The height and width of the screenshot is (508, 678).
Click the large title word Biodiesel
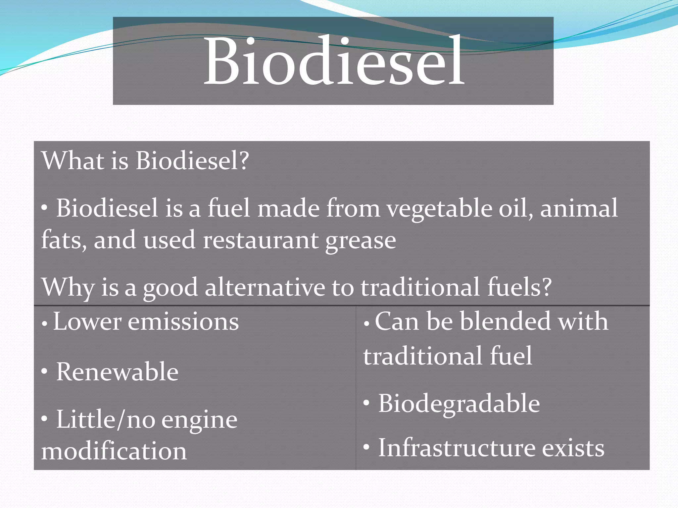[x=334, y=61]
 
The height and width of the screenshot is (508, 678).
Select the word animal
[x=579, y=208]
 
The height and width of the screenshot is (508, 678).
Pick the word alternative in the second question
[x=265, y=287]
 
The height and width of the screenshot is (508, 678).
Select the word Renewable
[x=117, y=372]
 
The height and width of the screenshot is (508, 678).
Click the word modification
[x=114, y=451]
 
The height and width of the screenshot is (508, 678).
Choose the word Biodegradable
[x=459, y=404]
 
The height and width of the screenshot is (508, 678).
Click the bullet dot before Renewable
[x=44, y=371]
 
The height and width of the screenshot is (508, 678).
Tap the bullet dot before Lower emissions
[x=44, y=324]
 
